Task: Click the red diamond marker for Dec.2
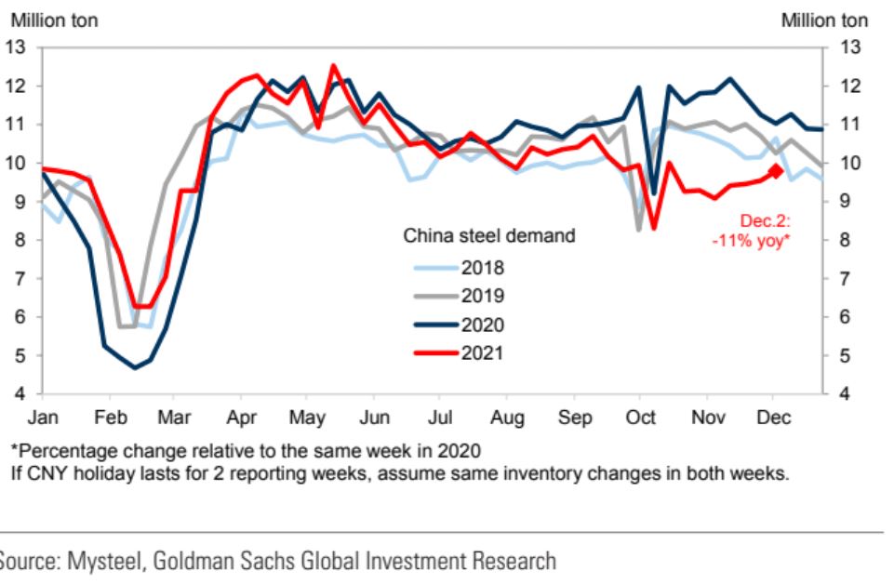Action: pyautogui.click(x=775, y=171)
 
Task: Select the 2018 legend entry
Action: pyautogui.click(x=482, y=269)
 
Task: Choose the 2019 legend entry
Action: pyautogui.click(x=482, y=297)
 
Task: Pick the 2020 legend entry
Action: pyautogui.click(x=482, y=325)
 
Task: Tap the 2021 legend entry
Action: pyautogui.click(x=482, y=352)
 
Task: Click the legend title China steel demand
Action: pyautogui.click(x=489, y=236)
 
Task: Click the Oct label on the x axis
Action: pyautogui.click(x=641, y=418)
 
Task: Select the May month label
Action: pyautogui.click(x=306, y=418)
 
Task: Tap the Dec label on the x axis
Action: pyautogui.click(x=773, y=418)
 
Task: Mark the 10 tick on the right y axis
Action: pyautogui.click(x=846, y=163)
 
